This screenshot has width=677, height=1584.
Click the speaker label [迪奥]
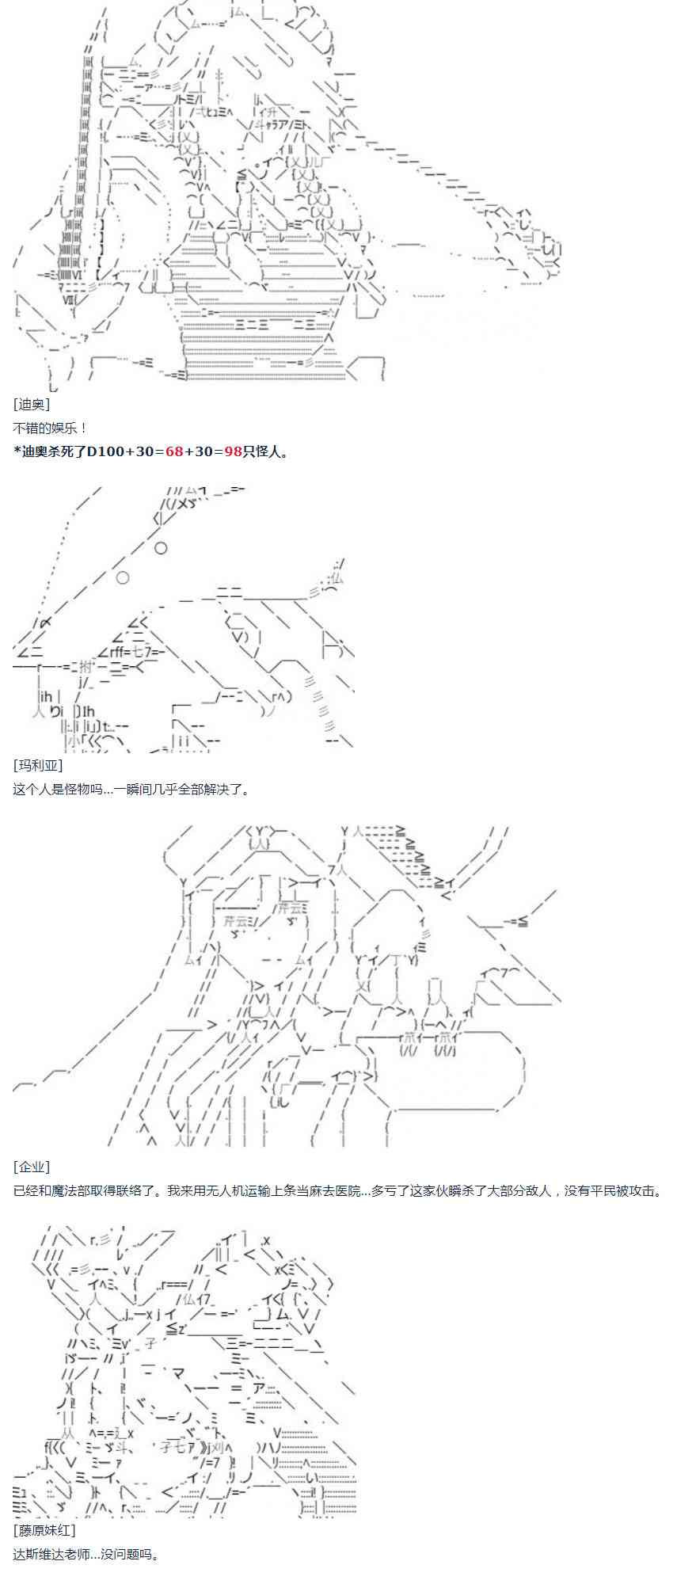tap(32, 404)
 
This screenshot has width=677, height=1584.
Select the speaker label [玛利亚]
tap(37, 765)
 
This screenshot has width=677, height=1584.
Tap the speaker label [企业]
tap(32, 1167)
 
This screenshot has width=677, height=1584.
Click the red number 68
tap(174, 451)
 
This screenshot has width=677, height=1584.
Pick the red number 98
tap(233, 451)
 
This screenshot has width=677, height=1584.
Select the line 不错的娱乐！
tap(51, 428)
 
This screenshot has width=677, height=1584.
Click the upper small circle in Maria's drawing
tap(161, 547)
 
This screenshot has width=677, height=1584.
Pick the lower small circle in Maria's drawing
tap(123, 577)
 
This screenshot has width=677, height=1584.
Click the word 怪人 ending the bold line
tap(268, 451)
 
